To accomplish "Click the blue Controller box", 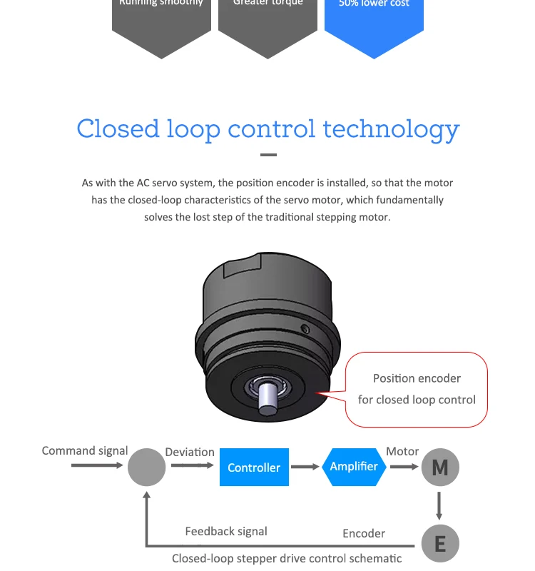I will [x=254, y=468].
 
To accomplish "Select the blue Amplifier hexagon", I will [x=354, y=467].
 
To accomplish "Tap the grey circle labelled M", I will [x=440, y=468].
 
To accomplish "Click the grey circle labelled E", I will [x=440, y=545].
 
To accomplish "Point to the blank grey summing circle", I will [x=146, y=468].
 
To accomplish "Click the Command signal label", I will [x=85, y=450].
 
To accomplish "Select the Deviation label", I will [x=190, y=452].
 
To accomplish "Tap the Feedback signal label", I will [x=226, y=531].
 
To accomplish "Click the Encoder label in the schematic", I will [x=364, y=533].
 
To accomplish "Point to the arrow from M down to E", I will [x=439, y=505].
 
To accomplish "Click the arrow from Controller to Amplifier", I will [x=305, y=468].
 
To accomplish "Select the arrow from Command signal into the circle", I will [x=97, y=465].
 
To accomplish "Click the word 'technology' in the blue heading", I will [x=392, y=129].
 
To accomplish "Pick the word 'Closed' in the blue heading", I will [x=118, y=129].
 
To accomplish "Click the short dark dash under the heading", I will [x=268, y=154].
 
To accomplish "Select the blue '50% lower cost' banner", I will [x=374, y=21].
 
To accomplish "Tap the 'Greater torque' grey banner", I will [x=268, y=21].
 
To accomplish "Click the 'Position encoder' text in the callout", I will [x=417, y=378].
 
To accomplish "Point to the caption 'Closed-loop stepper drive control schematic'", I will [x=287, y=558].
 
